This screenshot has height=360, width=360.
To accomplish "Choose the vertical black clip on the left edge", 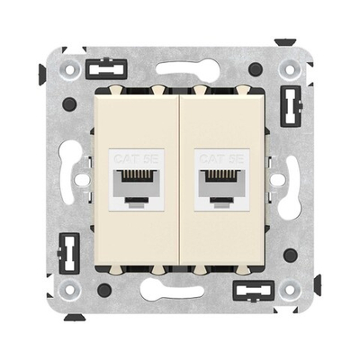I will tap(67, 249).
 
